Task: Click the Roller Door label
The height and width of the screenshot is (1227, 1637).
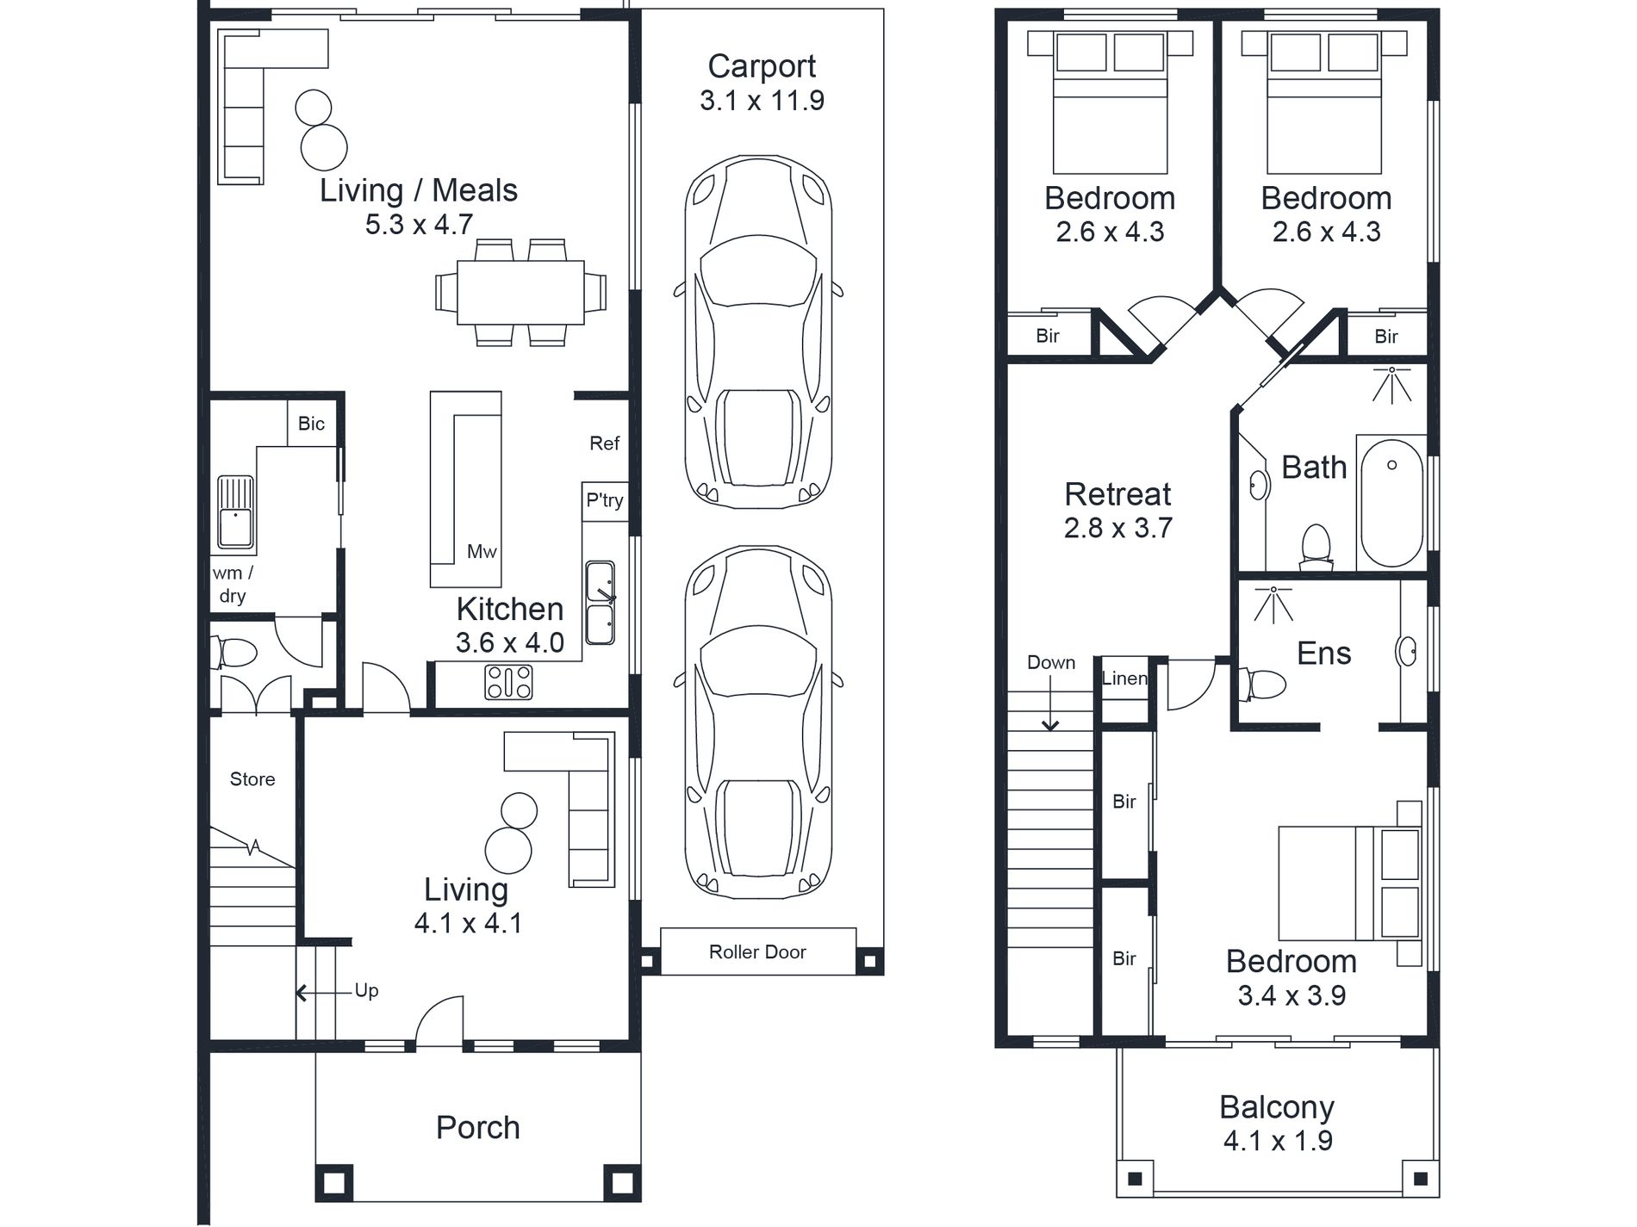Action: coord(757,951)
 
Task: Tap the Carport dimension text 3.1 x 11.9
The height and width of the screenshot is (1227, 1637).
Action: coord(762,101)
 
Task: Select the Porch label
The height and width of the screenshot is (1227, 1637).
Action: coord(478,1127)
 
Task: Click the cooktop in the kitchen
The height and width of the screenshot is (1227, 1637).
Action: coord(508,682)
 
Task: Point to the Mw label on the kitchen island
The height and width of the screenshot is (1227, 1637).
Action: coord(482,552)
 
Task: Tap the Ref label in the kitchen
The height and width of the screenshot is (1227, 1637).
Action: coord(604,443)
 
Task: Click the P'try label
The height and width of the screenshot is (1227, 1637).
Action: coord(605,500)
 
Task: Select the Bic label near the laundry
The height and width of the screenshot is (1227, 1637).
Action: coord(311,424)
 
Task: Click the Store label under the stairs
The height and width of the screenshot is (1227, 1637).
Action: coord(252,779)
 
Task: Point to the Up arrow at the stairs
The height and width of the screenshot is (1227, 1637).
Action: coord(325,993)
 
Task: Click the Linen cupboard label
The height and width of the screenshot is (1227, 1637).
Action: coord(1124,679)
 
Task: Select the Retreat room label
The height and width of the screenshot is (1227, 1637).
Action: coord(1117,494)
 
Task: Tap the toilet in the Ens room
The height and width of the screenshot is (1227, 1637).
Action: coord(1261,685)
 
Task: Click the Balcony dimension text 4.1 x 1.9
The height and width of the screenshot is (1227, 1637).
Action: coord(1278,1141)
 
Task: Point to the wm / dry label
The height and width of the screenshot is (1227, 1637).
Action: coord(233,584)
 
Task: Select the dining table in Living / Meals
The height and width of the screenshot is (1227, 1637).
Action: coord(520,293)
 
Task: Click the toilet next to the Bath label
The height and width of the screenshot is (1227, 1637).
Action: coord(1316,548)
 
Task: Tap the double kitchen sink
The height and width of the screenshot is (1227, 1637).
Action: coord(600,603)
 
